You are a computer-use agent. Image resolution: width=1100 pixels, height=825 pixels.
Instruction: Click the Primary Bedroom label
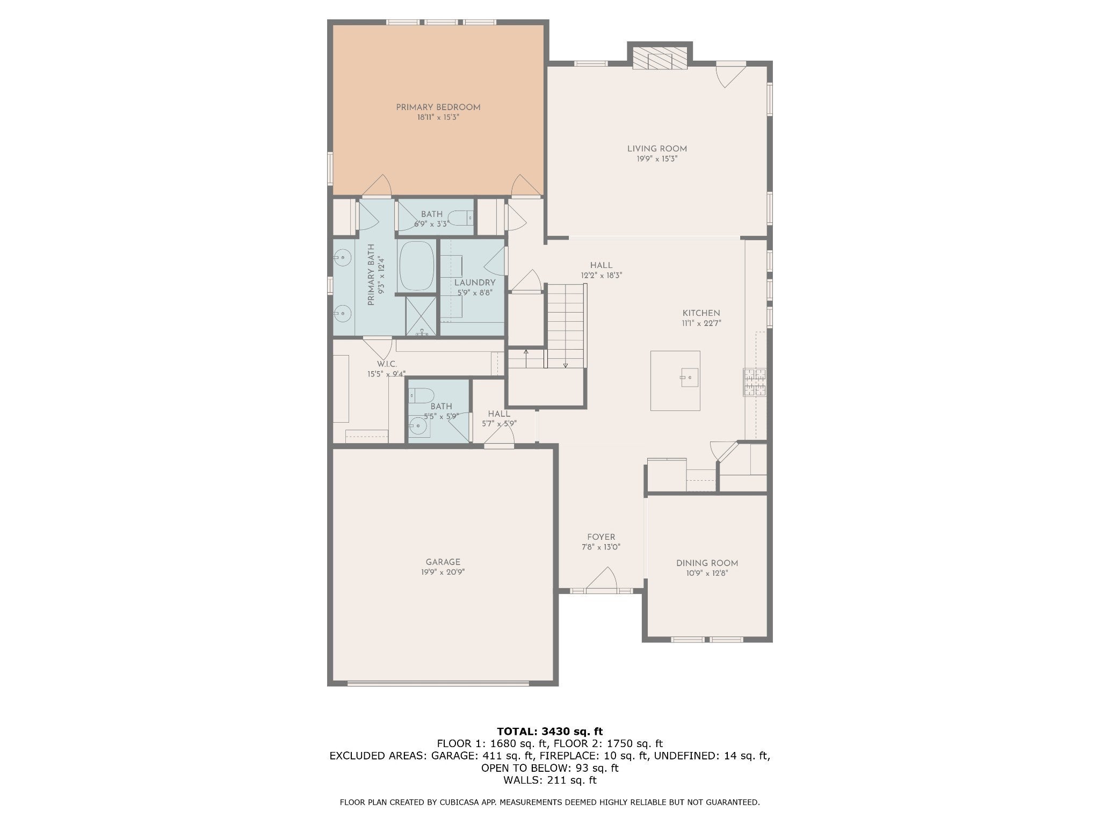[438, 107]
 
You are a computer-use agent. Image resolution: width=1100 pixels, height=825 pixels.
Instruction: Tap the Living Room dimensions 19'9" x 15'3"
[657, 159]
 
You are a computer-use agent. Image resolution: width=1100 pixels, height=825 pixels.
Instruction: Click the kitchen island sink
[689, 378]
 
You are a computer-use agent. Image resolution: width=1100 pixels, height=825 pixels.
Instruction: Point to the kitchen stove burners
[755, 382]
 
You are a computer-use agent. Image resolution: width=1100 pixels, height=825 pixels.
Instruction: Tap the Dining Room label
[707, 563]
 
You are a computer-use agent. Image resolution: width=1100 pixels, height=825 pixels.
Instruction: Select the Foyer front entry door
[601, 580]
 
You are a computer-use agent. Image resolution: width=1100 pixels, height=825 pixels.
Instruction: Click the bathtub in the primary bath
[417, 266]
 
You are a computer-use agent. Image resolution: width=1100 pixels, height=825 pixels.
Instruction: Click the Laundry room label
[475, 283]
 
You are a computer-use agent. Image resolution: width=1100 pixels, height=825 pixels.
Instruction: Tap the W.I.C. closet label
[387, 364]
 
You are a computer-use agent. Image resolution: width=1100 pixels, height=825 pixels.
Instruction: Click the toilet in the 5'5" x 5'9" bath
[420, 396]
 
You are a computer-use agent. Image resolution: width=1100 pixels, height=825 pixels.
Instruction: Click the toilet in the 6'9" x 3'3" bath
[460, 218]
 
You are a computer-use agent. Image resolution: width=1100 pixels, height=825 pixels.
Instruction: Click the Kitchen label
[701, 313]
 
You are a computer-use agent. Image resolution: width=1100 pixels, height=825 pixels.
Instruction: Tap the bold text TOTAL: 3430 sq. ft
[550, 731]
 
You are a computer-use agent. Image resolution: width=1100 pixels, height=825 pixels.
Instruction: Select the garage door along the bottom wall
[438, 684]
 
